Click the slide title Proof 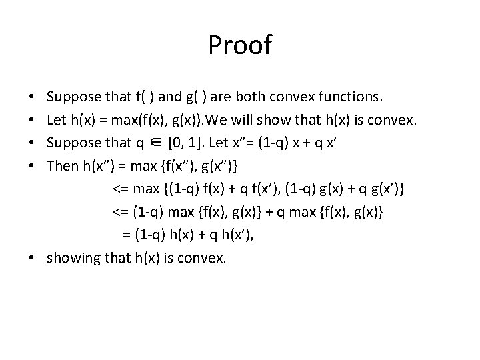pos(240,45)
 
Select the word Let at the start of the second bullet pos(57,120)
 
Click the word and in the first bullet pos(171,97)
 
